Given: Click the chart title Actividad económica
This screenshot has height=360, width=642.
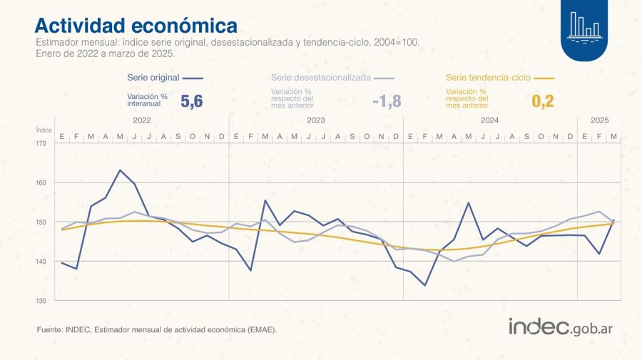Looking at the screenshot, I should [136, 26].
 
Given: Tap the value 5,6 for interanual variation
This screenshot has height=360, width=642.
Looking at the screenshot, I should [191, 102].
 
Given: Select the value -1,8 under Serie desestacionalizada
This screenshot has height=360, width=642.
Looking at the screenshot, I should [387, 102].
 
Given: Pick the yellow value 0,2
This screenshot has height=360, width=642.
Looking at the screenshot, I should [542, 102].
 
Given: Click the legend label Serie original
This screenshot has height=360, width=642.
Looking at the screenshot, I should [153, 77].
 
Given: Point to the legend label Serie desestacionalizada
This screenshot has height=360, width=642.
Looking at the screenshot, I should [320, 77].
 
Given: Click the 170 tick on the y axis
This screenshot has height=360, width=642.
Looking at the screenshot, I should [41, 143].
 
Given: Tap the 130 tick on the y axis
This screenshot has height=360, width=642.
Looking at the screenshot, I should [41, 300].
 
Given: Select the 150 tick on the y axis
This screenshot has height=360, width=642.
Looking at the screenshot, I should [41, 222].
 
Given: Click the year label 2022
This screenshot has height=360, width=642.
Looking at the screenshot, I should [141, 120].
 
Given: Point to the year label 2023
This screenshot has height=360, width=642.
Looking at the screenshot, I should [316, 120].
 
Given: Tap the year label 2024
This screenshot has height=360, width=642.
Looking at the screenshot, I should [490, 120].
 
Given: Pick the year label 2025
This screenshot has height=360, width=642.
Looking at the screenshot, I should [598, 120].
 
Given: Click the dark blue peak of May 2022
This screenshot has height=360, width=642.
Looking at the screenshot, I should [120, 170].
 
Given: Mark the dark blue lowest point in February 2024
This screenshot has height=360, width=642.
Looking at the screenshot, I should [425, 285].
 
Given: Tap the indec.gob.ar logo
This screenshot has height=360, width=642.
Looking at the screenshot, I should [561, 327].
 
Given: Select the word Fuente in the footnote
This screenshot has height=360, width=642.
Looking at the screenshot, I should [49, 330].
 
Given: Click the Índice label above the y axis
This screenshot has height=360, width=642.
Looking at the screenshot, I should [43, 130].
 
